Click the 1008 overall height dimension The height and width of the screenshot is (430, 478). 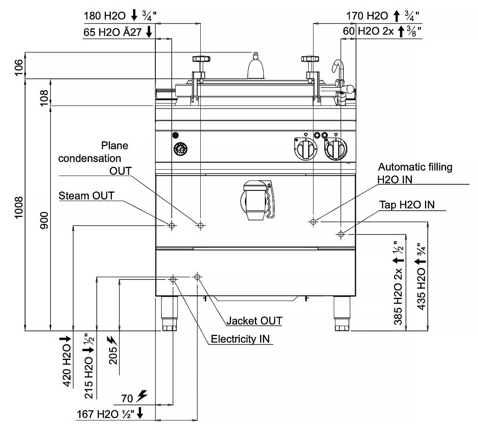click(19, 207)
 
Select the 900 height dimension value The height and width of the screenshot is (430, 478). click(44, 220)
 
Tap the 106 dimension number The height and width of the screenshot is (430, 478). click(19, 68)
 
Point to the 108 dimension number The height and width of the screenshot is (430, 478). click(44, 98)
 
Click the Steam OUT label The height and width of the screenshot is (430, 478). click(86, 196)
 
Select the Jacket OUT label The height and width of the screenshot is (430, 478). click(254, 321)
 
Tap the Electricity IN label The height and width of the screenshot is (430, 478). click(240, 339)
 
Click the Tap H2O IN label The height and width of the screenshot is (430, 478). click(407, 205)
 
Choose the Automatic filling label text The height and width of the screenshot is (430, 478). click(415, 167)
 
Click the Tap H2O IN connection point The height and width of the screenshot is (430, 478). click(341, 235)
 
